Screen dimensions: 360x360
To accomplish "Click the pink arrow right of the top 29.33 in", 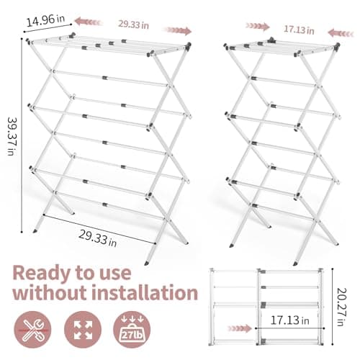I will point(178,30).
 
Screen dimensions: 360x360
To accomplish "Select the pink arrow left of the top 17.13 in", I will point(257,26).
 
